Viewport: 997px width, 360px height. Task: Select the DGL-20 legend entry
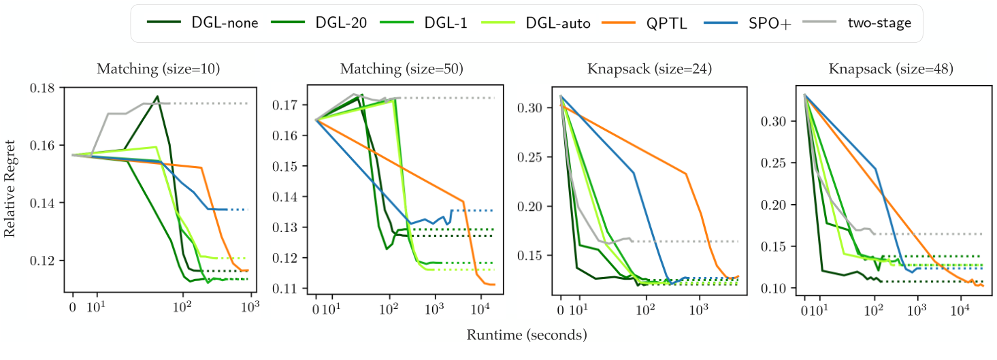(320, 23)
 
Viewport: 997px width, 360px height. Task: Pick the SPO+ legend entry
(753, 23)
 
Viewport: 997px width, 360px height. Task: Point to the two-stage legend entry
(861, 23)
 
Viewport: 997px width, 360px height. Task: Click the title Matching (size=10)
(158, 69)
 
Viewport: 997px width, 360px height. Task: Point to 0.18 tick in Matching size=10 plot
(43, 88)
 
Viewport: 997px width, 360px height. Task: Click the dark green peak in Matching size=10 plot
(157, 96)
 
